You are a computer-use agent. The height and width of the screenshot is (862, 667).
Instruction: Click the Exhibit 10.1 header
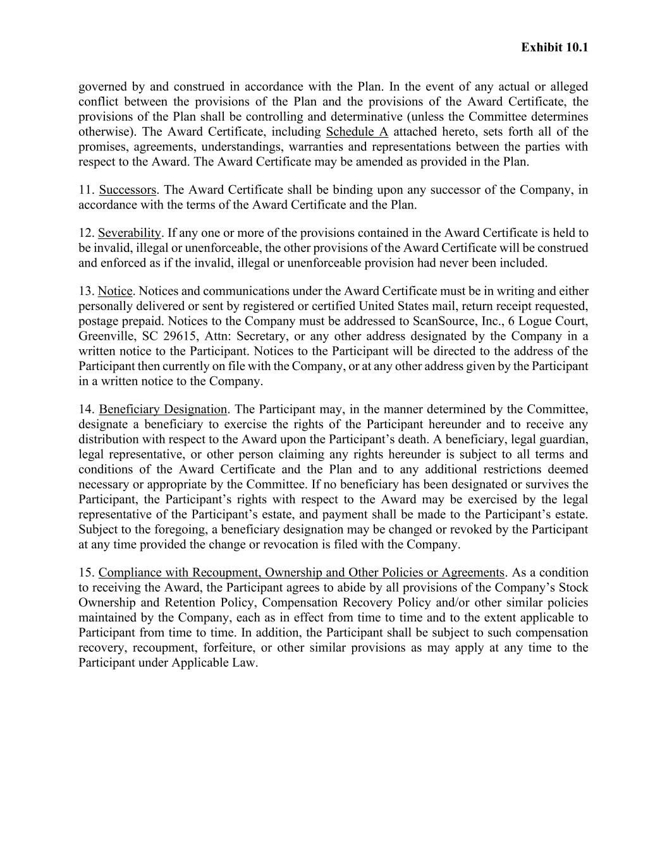pyautogui.click(x=554, y=47)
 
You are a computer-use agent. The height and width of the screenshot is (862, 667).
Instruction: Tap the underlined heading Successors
pyautogui.click(x=127, y=190)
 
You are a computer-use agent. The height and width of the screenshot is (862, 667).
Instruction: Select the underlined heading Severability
pyautogui.click(x=130, y=233)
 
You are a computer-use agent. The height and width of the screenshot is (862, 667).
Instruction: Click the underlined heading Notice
pyautogui.click(x=115, y=291)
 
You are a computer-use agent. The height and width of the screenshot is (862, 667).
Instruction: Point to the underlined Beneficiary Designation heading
pyautogui.click(x=162, y=409)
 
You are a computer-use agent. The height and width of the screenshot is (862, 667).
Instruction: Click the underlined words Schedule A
pyautogui.click(x=357, y=132)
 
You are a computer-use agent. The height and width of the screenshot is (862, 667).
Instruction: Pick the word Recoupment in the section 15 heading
pyautogui.click(x=225, y=573)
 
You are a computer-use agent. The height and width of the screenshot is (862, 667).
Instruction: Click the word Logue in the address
pyautogui.click(x=536, y=321)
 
